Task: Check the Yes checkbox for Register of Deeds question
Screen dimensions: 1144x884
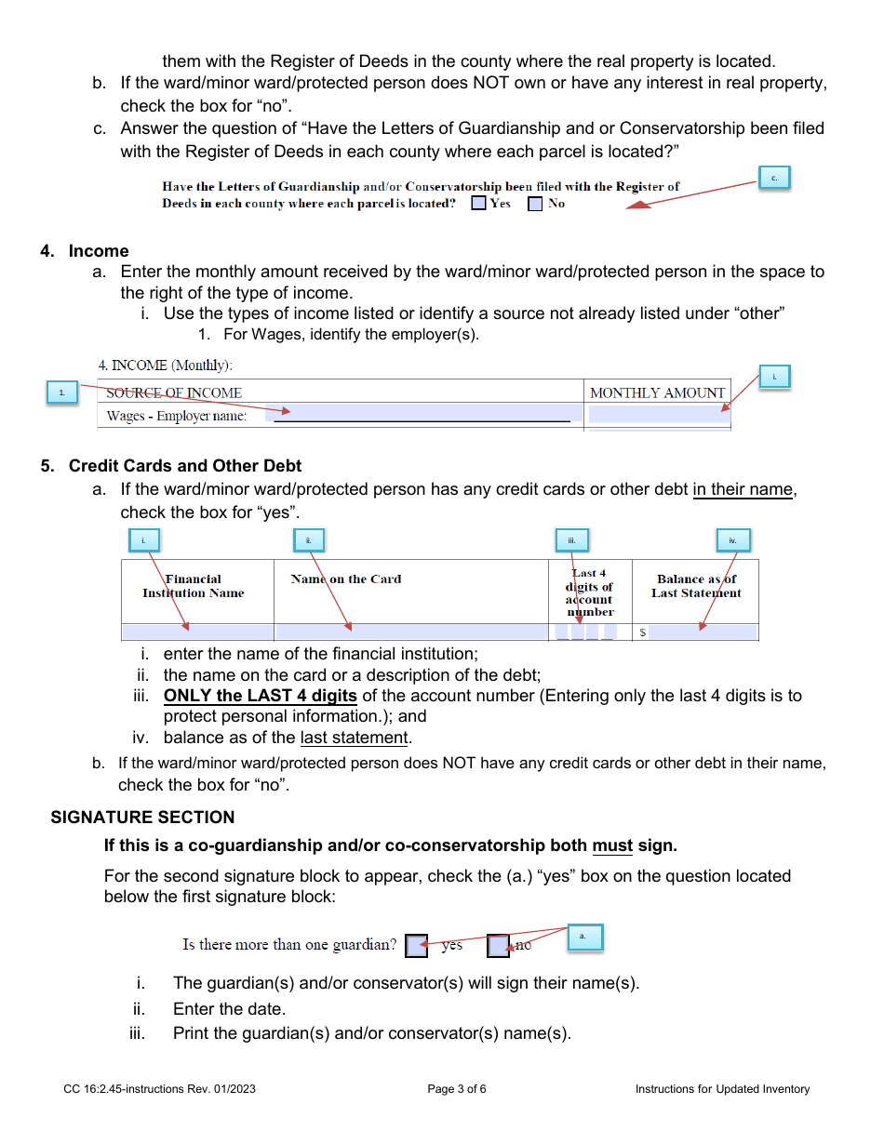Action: coord(478,204)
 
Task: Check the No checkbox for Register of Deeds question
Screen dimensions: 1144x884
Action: coord(535,204)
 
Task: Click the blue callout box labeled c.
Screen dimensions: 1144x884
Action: coord(774,178)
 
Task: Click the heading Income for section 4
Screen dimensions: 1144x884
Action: coord(99,251)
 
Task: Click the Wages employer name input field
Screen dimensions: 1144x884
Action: coord(423,414)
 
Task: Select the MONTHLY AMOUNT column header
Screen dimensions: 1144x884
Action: coord(657,392)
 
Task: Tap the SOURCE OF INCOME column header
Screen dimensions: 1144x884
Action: coord(174,392)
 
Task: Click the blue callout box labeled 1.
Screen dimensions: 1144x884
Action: coord(62,393)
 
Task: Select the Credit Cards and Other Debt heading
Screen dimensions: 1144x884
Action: coord(185,466)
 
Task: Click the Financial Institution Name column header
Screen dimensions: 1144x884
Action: coord(194,586)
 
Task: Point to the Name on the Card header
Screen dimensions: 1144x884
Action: coord(346,579)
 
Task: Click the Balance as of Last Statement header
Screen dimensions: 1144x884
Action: coord(696,586)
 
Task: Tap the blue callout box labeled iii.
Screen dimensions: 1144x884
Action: coord(572,540)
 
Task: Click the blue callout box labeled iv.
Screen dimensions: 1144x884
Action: coord(733,540)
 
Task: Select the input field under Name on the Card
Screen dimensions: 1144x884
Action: coord(410,632)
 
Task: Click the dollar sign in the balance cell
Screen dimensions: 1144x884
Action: coord(642,633)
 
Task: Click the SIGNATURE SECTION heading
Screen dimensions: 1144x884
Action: coord(142,818)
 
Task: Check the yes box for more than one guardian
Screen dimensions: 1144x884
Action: coord(417,946)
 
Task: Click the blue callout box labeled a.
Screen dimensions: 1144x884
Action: coord(584,937)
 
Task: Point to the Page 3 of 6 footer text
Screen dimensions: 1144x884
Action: coord(457,1089)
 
